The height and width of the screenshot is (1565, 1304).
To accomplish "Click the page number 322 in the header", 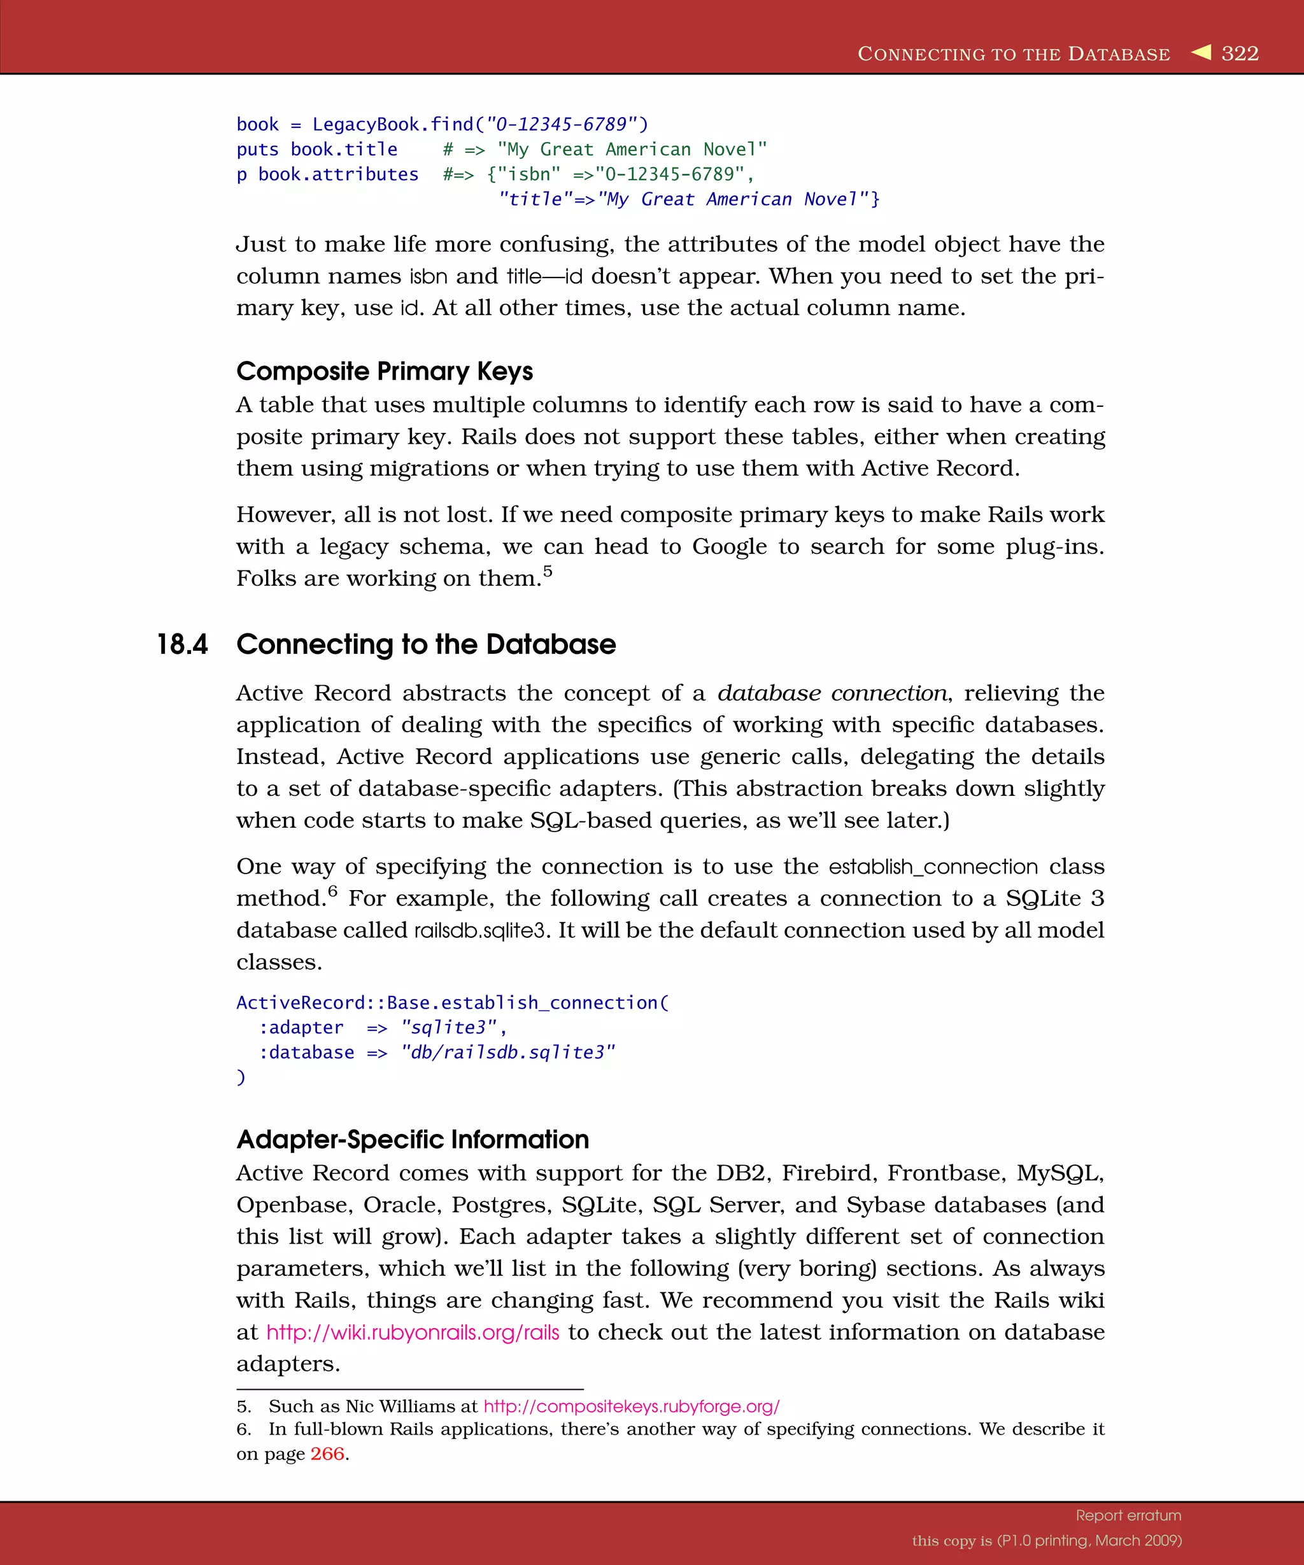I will point(1240,53).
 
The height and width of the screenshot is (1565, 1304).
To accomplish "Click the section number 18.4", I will point(183,644).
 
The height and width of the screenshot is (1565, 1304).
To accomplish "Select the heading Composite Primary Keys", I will point(385,371).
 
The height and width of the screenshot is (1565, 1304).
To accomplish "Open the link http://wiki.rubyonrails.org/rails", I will point(413,1333).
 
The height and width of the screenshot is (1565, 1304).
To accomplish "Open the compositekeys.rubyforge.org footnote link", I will point(631,1406).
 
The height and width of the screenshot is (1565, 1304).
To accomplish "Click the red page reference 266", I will point(327,1454).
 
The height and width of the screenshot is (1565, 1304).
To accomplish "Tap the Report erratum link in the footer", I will point(1128,1515).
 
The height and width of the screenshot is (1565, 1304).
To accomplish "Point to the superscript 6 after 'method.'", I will point(332,891).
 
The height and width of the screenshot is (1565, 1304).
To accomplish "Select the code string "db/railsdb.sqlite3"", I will point(508,1052).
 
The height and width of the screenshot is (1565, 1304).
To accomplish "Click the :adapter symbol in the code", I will point(301,1028).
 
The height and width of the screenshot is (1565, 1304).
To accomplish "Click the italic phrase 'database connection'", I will point(832,693).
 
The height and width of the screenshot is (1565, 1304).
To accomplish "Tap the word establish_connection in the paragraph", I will point(933,867).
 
